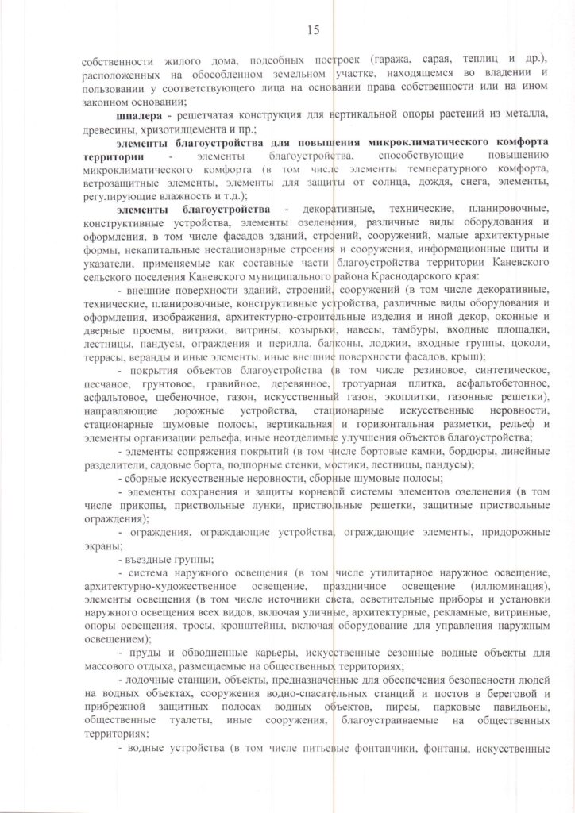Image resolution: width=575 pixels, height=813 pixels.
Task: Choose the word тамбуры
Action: (x=446, y=329)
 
